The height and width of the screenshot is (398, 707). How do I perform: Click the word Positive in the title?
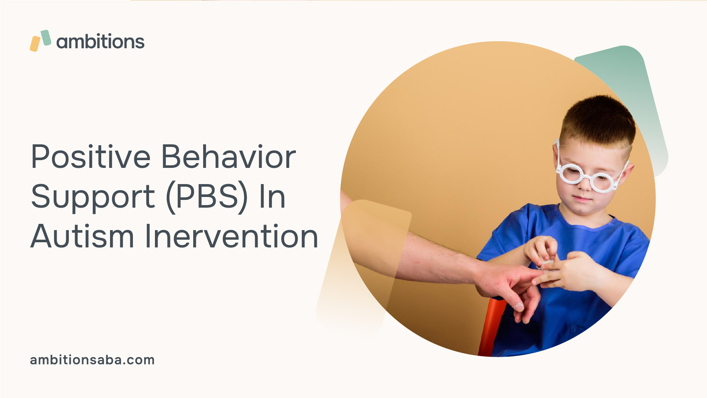(91, 156)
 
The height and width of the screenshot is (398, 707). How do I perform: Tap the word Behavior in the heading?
(229, 156)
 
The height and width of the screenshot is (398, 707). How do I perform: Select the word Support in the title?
(93, 197)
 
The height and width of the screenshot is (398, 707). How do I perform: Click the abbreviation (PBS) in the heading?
(207, 197)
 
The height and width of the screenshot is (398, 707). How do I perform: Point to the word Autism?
(82, 236)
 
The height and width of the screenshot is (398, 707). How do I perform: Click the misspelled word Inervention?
(231, 236)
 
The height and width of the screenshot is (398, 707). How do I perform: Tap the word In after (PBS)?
(272, 197)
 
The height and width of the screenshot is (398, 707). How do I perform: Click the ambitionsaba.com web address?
(92, 360)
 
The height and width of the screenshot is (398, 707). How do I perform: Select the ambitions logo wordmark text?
(100, 41)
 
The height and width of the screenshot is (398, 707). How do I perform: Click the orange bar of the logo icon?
(35, 44)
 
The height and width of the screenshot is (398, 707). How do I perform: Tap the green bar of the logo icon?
(46, 38)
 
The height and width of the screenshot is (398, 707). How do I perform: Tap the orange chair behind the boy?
(491, 328)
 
